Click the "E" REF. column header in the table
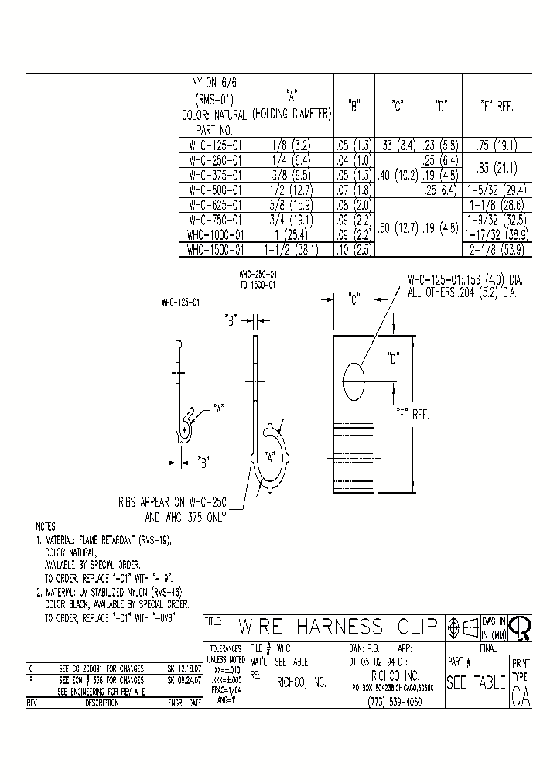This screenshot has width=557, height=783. click(x=497, y=108)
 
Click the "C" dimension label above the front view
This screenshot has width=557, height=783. click(x=355, y=296)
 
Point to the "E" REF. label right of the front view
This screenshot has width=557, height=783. click(x=412, y=414)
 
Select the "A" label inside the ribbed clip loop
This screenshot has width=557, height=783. click(x=270, y=456)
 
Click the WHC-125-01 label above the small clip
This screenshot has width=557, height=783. click(x=181, y=303)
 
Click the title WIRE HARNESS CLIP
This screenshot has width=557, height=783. click(x=337, y=625)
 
